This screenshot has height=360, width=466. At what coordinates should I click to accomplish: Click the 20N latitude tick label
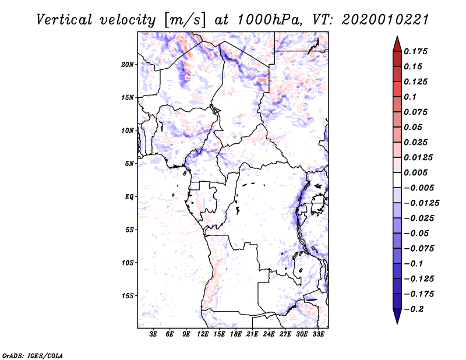tap(128, 64)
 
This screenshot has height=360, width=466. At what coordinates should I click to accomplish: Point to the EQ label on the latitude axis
tap(129, 196)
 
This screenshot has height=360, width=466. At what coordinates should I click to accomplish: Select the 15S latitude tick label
tap(128, 295)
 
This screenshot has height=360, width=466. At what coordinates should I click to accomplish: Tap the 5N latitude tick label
tap(129, 163)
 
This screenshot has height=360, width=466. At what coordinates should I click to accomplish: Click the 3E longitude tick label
tap(154, 335)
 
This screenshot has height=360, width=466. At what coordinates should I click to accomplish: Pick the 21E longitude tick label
tap(252, 335)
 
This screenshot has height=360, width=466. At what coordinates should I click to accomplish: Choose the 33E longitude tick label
tap(318, 335)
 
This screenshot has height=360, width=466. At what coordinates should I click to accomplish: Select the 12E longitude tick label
tap(203, 335)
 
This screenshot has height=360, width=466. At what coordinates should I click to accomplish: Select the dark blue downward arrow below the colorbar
tap(397, 317)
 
